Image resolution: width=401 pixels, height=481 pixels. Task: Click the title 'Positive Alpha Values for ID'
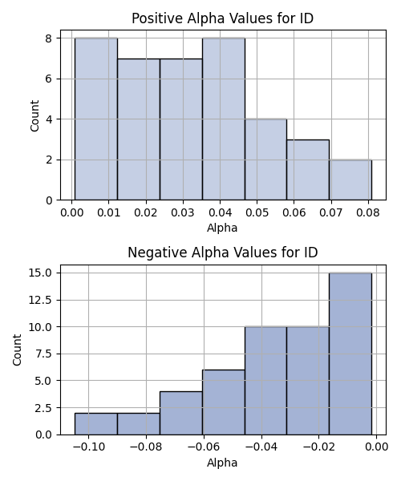point(222,18)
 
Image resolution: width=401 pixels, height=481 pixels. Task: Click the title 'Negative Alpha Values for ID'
point(222,253)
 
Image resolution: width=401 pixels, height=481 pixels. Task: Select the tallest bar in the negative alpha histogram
point(350,354)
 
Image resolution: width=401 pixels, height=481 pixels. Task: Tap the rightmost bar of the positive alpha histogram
point(350,180)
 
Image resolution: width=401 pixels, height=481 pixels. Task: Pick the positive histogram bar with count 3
point(308,170)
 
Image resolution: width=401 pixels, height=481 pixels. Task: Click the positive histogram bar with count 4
point(266,160)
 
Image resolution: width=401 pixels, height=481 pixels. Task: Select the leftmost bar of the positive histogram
point(96,119)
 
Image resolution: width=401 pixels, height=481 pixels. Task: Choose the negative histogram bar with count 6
point(224,402)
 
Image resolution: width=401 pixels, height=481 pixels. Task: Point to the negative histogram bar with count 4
point(181,413)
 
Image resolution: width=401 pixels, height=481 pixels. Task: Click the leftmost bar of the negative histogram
point(96,424)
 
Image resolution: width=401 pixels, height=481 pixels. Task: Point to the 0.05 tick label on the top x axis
point(257,212)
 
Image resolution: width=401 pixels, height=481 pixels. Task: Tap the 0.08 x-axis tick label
point(368,212)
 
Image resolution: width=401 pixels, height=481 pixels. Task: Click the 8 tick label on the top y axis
point(49,38)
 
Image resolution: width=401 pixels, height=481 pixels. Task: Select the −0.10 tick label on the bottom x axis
point(89,447)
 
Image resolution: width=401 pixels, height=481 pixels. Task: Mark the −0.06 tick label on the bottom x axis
point(204,447)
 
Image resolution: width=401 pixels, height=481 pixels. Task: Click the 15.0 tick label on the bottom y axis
point(40,273)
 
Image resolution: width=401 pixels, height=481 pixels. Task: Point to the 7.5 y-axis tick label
point(43,354)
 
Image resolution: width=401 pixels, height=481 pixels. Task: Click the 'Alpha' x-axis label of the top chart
point(222,228)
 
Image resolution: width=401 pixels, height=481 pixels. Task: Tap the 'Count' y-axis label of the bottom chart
point(17,350)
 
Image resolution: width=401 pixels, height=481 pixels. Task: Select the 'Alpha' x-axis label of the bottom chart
point(222,463)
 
